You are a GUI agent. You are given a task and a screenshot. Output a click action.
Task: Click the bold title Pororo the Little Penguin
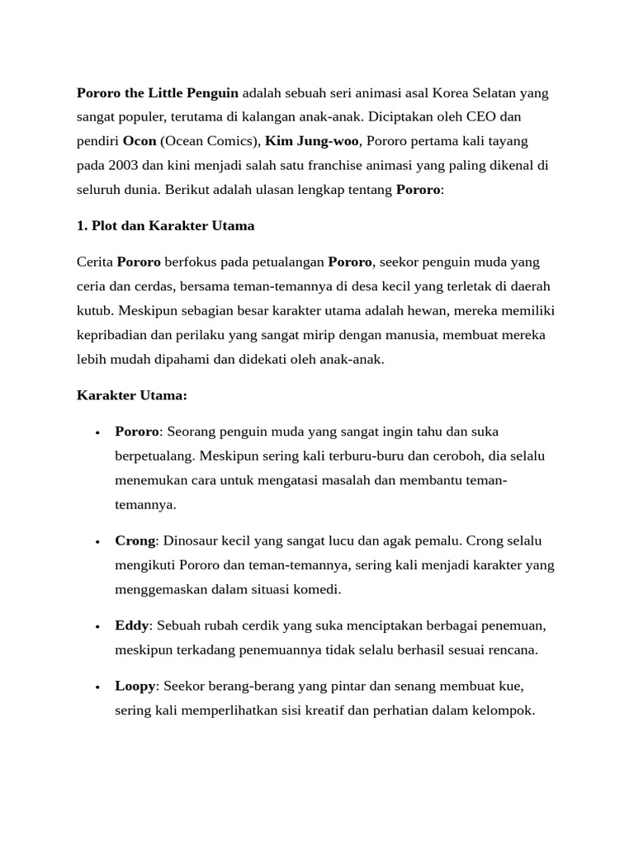coord(158,92)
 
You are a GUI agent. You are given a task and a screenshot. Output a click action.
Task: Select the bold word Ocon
coord(139,141)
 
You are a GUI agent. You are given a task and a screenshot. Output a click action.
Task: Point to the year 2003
coord(121,165)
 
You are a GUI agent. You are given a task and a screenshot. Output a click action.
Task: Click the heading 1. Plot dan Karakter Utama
coord(165,225)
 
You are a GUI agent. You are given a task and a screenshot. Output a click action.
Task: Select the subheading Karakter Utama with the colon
coord(132,395)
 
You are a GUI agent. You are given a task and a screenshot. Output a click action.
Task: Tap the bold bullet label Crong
coord(135,541)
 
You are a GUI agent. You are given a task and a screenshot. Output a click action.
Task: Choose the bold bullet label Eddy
coord(132,625)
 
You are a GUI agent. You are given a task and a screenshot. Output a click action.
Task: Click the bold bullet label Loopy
coord(135,686)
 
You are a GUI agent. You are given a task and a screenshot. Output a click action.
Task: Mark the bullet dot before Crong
coord(97,541)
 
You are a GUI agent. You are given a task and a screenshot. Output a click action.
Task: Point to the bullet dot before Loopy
coord(97,687)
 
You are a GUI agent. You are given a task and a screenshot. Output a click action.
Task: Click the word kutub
coord(95,311)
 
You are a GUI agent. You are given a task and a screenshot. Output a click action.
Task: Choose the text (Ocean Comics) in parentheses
coord(210,141)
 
